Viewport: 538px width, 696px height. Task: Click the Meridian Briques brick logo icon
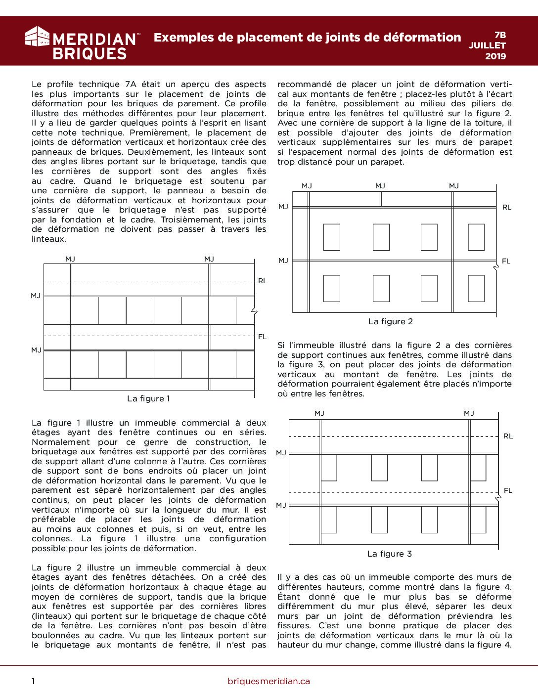point(38,37)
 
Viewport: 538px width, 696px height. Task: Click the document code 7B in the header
point(500,35)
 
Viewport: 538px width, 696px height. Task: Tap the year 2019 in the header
point(495,56)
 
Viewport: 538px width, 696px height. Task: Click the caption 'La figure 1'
point(148,399)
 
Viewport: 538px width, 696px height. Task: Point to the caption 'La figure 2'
point(390,322)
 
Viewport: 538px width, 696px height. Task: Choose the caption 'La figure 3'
point(389,554)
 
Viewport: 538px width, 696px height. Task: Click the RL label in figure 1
point(263,281)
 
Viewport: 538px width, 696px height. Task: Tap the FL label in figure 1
point(262,337)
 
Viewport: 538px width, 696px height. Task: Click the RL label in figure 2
point(507,208)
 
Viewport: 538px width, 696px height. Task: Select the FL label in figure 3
point(508,490)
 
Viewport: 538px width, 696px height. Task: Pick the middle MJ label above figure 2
point(380,186)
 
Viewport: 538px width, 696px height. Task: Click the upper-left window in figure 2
point(331,237)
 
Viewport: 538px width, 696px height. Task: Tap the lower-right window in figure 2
point(476,288)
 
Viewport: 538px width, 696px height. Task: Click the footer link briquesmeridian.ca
point(269,681)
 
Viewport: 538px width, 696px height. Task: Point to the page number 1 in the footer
point(33,681)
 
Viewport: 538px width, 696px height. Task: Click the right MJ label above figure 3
point(469,413)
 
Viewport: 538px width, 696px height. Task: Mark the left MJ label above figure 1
point(70,259)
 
